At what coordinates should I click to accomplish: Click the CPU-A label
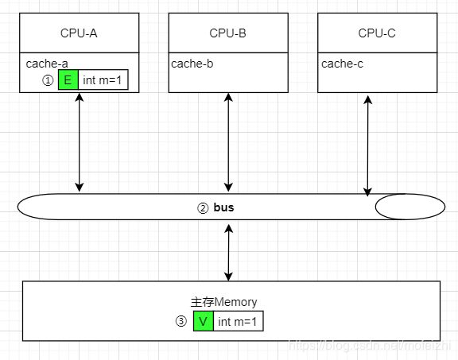pos(79,33)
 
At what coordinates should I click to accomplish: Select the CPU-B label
pos(228,33)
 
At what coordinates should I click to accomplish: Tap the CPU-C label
pos(377,33)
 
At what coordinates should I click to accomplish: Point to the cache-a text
pos(47,64)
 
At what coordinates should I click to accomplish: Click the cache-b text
pos(192,64)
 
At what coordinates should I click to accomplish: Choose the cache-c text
pos(342,64)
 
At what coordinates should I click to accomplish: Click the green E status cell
pos(68,79)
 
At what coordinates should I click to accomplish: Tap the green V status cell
pos(204,321)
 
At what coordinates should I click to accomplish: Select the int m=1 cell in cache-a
pos(103,79)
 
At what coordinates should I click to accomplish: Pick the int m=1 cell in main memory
pos(238,321)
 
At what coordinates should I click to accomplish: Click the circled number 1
pos(48,80)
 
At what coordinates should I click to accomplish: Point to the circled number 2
pos(203,208)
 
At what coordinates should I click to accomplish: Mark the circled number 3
pos(181,322)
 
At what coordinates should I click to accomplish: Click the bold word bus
pos(223,207)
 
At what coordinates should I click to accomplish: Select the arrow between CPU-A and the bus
pos(80,142)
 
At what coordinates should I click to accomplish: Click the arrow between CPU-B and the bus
pos(228,142)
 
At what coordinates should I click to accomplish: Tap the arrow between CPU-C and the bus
pos(367,146)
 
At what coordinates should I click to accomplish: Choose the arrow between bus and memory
pos(228,253)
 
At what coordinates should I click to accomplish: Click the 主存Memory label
pos(223,302)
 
